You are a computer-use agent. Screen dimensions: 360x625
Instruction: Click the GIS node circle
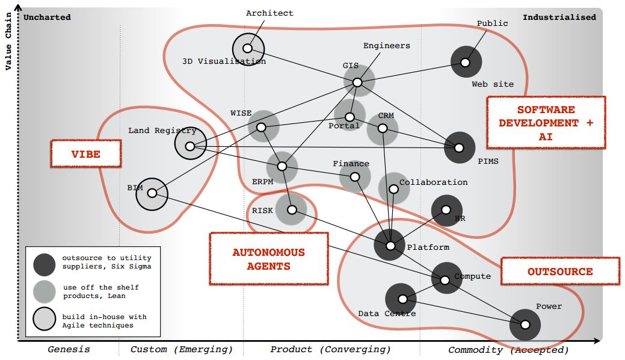(x=357, y=82)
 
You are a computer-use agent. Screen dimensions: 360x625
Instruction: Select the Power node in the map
(x=525, y=324)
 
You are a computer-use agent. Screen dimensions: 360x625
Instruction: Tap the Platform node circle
(x=390, y=246)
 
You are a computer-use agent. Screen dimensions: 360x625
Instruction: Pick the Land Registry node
(x=190, y=146)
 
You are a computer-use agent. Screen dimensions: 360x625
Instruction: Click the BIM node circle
(x=152, y=193)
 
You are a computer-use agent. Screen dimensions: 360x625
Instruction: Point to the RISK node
(x=292, y=210)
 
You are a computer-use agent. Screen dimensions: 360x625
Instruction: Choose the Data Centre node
(x=401, y=299)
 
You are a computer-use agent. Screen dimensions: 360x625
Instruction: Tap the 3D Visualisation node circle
(x=247, y=48)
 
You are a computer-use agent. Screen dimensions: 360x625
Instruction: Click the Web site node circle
(x=465, y=62)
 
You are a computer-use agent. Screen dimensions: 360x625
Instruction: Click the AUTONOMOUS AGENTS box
(x=268, y=259)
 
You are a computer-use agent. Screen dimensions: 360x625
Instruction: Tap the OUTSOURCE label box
(x=559, y=272)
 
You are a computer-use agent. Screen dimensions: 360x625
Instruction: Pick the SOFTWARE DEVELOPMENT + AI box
(x=546, y=123)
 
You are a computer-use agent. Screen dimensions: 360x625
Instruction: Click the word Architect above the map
(x=270, y=13)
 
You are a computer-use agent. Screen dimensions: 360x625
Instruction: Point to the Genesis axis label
(x=69, y=349)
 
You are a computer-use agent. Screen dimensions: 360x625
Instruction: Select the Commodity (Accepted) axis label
(x=508, y=349)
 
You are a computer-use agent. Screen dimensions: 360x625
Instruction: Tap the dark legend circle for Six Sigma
(x=45, y=263)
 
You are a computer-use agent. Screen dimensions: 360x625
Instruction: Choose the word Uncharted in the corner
(x=47, y=17)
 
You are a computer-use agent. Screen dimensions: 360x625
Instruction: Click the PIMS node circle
(x=459, y=147)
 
